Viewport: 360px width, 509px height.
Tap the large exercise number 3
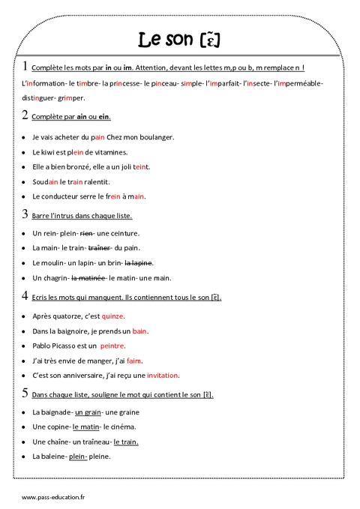click(x=25, y=214)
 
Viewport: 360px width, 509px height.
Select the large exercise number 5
click(x=25, y=393)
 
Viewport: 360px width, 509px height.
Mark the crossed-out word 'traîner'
click(x=100, y=247)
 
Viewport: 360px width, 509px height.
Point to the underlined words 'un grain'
click(x=88, y=412)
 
